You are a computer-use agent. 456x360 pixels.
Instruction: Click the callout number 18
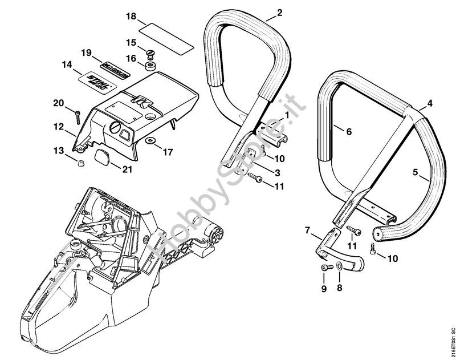tap(131, 17)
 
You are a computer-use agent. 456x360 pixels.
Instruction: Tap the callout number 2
tap(279, 12)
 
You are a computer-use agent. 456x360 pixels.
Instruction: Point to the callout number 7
tap(308, 230)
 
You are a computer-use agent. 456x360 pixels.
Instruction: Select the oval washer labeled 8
tap(340, 267)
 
